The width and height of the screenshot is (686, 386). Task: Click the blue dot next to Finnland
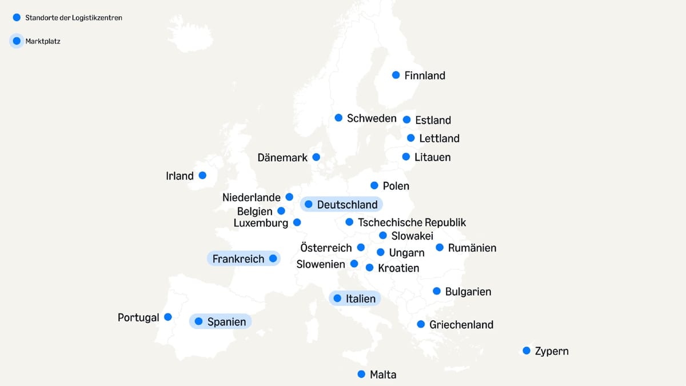[396, 75]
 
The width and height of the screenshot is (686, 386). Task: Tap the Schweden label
[372, 118]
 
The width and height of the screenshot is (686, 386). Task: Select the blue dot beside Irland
[202, 176]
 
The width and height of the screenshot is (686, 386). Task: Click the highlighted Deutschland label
[347, 205]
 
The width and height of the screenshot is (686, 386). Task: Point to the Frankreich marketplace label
[238, 259]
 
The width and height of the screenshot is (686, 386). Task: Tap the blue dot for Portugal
[168, 317]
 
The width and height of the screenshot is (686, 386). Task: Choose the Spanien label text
[226, 322]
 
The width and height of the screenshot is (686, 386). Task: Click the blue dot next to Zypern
[527, 351]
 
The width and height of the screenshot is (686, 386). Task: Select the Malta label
[383, 375]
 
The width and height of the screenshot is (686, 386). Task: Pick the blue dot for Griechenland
[421, 324]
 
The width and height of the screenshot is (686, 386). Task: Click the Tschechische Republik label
[412, 222]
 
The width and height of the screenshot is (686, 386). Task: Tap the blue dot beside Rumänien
[440, 248]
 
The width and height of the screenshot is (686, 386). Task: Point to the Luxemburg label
[261, 223]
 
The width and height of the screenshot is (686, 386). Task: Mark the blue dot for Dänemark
[316, 157]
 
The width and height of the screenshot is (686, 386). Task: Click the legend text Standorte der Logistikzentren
[74, 18]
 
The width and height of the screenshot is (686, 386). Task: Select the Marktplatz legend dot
[17, 41]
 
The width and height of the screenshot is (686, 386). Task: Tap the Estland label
[433, 120]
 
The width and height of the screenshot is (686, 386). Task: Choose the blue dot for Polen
[374, 185]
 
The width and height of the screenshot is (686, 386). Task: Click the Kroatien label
[398, 268]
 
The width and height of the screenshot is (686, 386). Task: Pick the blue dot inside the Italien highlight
[337, 299]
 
